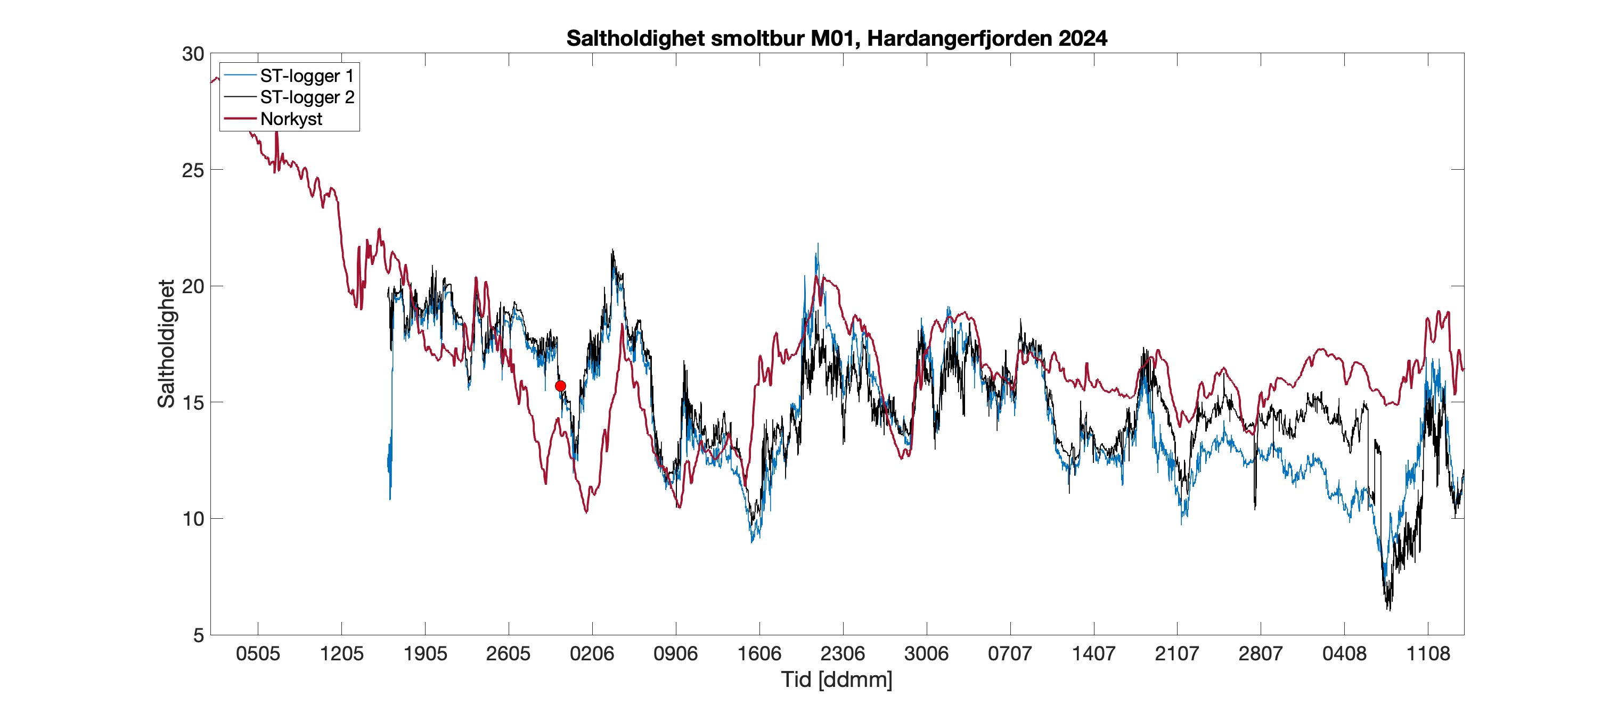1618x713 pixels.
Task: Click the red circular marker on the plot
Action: pyautogui.click(x=560, y=386)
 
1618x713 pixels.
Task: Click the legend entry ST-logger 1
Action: pyautogui.click(x=307, y=76)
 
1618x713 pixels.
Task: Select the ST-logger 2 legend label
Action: pyautogui.click(x=307, y=97)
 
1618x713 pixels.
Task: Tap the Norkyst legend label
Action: pyautogui.click(x=291, y=119)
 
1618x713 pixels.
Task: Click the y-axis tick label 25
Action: pyautogui.click(x=193, y=170)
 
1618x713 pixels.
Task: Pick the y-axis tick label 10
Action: pyautogui.click(x=193, y=519)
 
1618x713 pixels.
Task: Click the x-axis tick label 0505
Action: pyautogui.click(x=258, y=654)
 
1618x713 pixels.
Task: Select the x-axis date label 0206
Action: pyautogui.click(x=592, y=654)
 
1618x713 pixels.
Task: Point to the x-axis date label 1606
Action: pyautogui.click(x=759, y=654)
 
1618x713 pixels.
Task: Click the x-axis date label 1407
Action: pyautogui.click(x=1093, y=654)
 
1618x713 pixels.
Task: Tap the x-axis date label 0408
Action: pyautogui.click(x=1344, y=654)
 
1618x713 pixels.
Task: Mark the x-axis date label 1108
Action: pyautogui.click(x=1428, y=654)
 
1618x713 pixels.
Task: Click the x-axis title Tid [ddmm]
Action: pyautogui.click(x=837, y=679)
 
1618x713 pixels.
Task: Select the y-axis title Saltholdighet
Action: pyautogui.click(x=167, y=344)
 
